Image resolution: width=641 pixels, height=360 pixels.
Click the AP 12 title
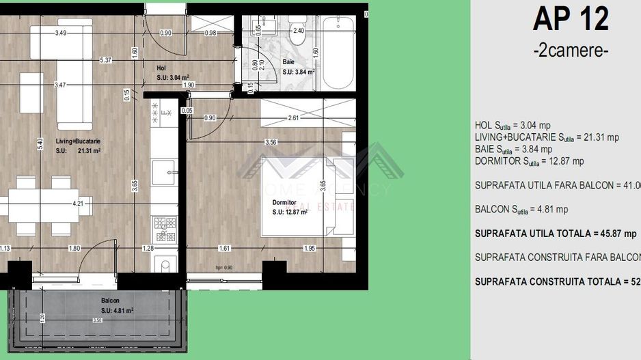570,20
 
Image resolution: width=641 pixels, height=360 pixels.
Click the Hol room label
161,68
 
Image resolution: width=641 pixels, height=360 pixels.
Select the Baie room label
288,62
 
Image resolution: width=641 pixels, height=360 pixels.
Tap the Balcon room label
110,301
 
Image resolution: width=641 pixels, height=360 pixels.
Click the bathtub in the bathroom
338,53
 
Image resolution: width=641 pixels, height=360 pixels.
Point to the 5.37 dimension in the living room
105,60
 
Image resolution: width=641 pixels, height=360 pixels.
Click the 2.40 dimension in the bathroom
298,31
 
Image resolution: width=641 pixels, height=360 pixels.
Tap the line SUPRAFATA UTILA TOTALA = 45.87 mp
556,234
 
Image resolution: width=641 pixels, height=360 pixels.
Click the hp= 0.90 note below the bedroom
224,268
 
